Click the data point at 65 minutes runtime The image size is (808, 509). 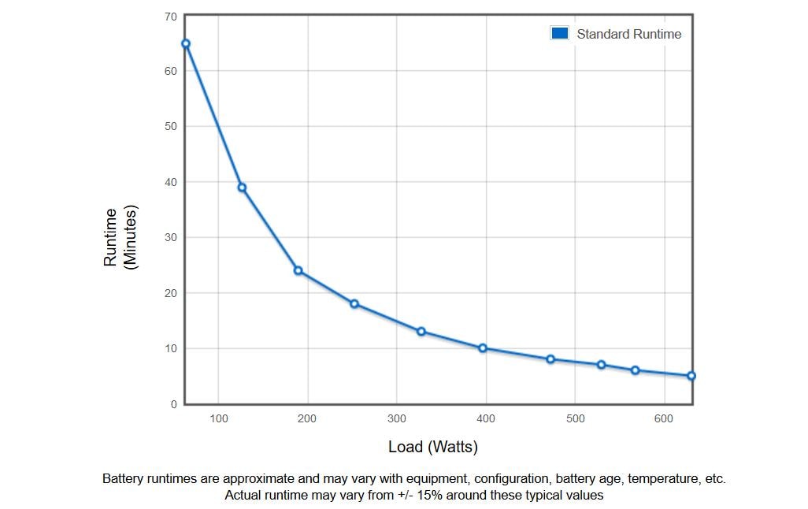(186, 44)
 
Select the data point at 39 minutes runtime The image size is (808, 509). (242, 188)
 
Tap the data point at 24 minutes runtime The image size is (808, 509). (298, 271)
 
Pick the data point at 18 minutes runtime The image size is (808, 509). (354, 304)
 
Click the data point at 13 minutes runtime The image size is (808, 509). (421, 332)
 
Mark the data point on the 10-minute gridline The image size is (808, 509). (482, 348)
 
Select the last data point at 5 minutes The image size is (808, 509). (691, 376)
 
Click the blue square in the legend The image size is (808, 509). (560, 34)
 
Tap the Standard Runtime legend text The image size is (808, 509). (628, 34)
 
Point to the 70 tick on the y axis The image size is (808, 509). (171, 17)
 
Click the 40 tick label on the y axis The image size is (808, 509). (171, 182)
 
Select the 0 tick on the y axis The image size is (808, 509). (174, 404)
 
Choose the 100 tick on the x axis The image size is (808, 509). (218, 418)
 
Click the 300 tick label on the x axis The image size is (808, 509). (397, 418)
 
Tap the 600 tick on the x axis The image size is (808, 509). (664, 418)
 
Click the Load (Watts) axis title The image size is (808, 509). (433, 447)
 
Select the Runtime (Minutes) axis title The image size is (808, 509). (120, 237)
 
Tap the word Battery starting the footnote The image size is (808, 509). (123, 478)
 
